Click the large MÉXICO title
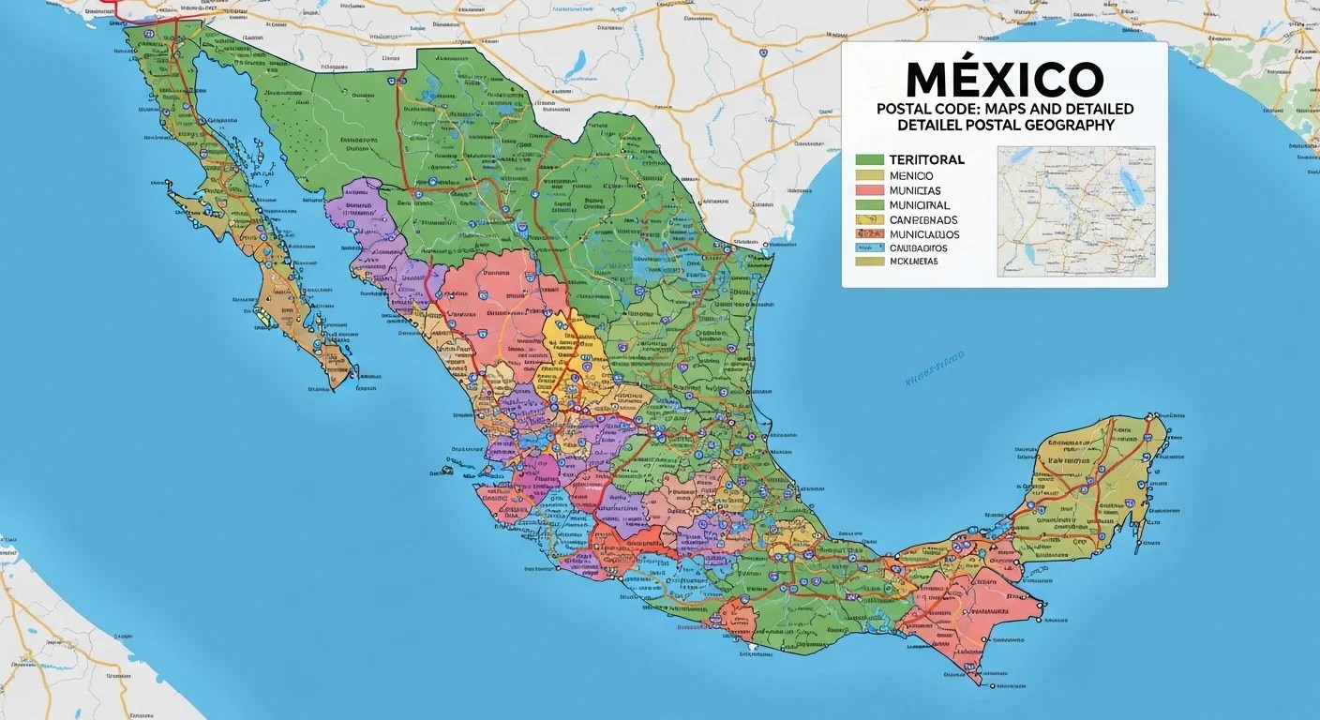pos(1004,79)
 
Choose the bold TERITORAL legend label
pos(926,159)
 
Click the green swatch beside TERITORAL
pos(869,159)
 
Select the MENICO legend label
pos(911,175)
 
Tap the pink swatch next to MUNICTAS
pos(869,190)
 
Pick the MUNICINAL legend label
pos(919,205)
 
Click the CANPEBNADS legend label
pos(922,220)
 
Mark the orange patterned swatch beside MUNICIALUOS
pos(869,234)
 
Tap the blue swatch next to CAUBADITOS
pos(869,248)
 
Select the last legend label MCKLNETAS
pos(913,262)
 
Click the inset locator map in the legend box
pos(1075,211)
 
